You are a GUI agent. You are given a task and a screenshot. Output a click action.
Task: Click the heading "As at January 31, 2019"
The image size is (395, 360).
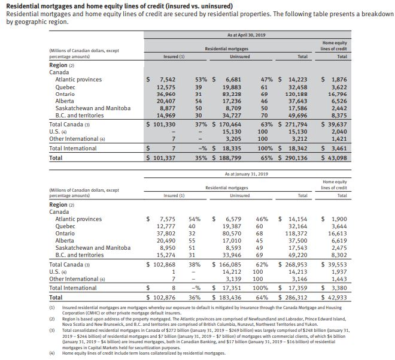pyautogui.click(x=245, y=174)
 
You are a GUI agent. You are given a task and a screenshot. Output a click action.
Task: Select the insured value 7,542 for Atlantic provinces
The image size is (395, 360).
pyautogui.click(x=165, y=79)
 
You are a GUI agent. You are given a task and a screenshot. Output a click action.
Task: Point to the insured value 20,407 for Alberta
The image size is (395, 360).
pyautogui.click(x=163, y=101)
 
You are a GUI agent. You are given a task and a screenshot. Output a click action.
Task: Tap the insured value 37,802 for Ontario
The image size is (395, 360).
pyautogui.click(x=163, y=234)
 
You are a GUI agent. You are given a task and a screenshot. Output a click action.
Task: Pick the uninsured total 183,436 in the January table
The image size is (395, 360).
pyautogui.click(x=229, y=297)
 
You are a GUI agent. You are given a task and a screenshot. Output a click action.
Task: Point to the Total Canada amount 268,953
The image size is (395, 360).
pyautogui.click(x=295, y=264)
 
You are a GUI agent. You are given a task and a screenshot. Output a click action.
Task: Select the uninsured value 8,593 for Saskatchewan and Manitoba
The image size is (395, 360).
pyautogui.click(x=231, y=247)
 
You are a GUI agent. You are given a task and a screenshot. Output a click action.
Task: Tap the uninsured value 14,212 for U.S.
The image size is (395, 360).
pyautogui.click(x=230, y=271)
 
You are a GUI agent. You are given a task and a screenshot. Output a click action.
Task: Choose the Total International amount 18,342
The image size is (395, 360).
pyautogui.click(x=297, y=148)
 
